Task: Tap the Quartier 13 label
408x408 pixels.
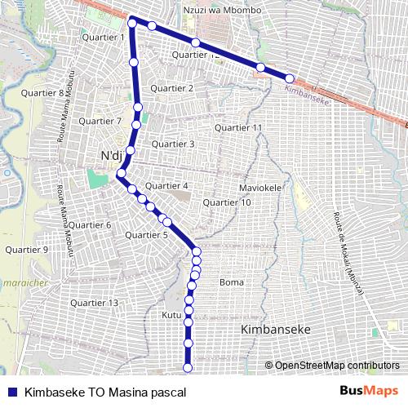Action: (95, 303)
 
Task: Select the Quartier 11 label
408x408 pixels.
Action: (238, 128)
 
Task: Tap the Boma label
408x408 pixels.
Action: (232, 282)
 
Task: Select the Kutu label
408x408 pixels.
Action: (171, 314)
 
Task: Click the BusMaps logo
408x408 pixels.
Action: (369, 392)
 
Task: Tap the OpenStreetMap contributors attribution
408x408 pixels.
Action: (336, 366)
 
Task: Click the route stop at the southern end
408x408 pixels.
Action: (188, 369)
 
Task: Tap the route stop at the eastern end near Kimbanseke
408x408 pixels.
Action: (289, 78)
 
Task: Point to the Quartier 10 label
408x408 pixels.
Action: (227, 202)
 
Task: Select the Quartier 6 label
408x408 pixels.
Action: (89, 224)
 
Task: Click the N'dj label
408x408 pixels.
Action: (109, 156)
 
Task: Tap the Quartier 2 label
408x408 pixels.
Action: (172, 88)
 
